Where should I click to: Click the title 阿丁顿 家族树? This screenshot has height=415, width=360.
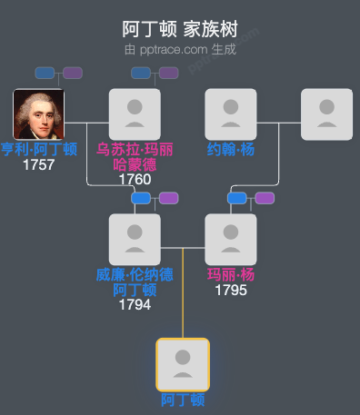pos(180,29)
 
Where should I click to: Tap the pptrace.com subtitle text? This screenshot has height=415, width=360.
pos(180,49)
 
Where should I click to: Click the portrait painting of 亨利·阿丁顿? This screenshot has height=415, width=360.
pos(38,114)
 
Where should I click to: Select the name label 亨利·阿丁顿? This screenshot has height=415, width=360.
pos(38,150)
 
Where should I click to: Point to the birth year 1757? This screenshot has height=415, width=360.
pos(38,165)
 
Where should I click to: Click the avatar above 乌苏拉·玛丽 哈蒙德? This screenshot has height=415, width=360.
pos(135,114)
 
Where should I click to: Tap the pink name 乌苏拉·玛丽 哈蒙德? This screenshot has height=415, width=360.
pos(135,156)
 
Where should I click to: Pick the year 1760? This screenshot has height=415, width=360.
pos(135,179)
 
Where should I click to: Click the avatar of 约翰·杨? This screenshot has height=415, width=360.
pos(231,114)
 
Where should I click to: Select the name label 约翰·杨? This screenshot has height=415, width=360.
pos(231,150)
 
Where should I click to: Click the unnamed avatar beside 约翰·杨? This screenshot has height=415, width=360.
pos(327,114)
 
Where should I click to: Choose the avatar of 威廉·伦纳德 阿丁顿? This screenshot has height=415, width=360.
pos(135,240)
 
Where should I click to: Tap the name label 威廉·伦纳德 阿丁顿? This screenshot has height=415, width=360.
pos(135,282)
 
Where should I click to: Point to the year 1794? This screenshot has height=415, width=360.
pos(135,304)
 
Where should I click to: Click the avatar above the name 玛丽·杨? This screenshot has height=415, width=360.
pos(231,240)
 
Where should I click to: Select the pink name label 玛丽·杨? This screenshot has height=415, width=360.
pos(231,275)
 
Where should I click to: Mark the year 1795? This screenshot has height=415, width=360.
pos(231,291)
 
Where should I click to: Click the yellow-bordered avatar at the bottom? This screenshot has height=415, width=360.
pos(183,364)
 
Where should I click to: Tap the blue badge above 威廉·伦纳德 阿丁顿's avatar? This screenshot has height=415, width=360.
pos(141,198)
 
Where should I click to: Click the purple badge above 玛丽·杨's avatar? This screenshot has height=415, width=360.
pos(265,198)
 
